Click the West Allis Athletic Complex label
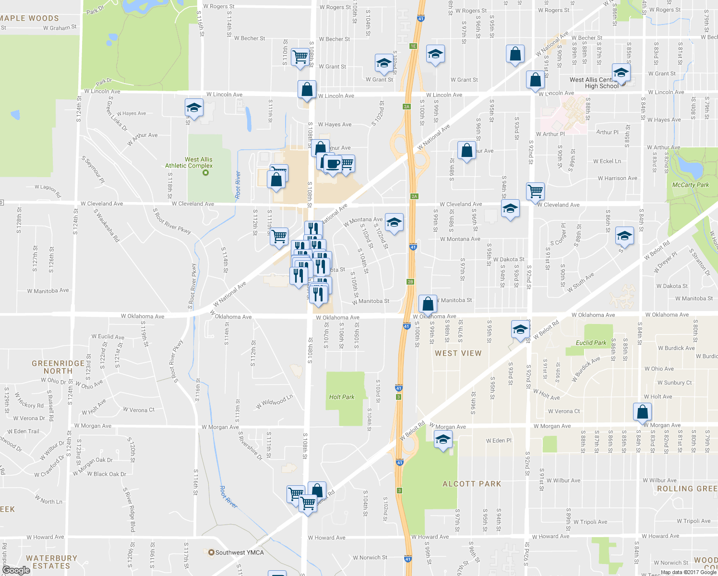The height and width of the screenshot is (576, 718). click(x=189, y=163)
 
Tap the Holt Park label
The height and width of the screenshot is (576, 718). click(x=342, y=397)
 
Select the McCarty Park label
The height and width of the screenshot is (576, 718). click(x=690, y=185)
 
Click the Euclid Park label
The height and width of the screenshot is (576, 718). click(x=591, y=343)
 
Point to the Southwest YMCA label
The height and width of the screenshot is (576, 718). click(x=239, y=552)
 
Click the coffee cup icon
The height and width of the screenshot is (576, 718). click(x=332, y=164)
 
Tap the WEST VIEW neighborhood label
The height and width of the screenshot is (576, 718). click(x=458, y=353)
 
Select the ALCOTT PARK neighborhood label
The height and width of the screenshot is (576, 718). click(x=471, y=484)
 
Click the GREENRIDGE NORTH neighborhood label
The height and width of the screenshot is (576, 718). click(x=58, y=367)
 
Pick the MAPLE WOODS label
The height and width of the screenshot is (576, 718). click(x=29, y=18)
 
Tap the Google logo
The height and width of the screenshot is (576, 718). click(x=16, y=570)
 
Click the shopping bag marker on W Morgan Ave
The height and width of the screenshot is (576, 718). click(x=642, y=412)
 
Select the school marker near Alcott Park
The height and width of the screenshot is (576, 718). click(x=443, y=440)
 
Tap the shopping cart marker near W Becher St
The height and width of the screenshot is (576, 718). click(x=300, y=57)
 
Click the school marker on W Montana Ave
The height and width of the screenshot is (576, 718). click(x=394, y=222)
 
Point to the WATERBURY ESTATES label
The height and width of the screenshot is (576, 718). click(x=51, y=562)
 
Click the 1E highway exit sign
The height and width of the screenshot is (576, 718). click(x=413, y=46)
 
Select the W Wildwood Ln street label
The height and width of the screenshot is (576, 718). click(x=274, y=402)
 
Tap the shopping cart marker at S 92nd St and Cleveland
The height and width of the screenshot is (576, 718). click(x=535, y=192)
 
